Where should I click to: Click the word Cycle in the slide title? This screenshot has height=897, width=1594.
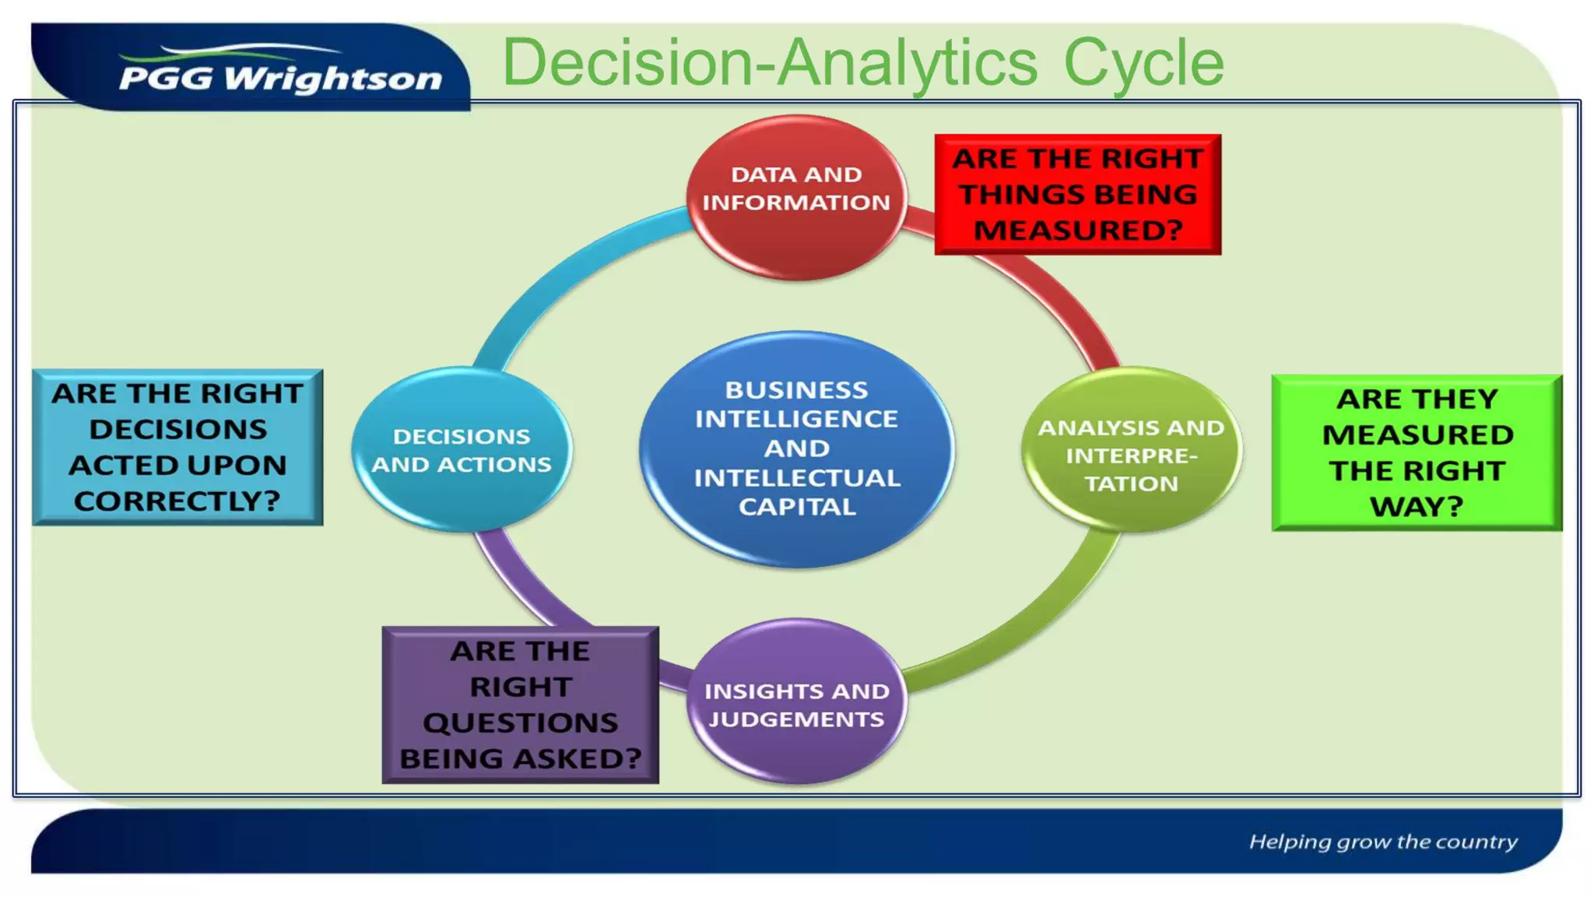pos(1143,62)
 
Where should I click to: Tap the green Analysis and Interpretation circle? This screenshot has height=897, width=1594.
pos(1131,452)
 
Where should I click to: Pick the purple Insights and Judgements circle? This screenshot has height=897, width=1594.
pos(796,702)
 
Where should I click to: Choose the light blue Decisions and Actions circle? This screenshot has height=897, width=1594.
pos(462,449)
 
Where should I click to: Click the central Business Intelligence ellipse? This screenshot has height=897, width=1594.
pos(796,448)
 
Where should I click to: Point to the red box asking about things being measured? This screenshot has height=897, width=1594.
pos(1078,194)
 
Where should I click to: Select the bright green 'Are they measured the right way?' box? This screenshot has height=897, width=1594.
pos(1417,452)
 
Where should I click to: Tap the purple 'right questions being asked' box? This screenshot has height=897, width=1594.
pos(520,705)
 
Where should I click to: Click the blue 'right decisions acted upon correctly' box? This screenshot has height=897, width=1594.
pos(177,447)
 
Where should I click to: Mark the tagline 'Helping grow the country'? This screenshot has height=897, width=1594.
pos(1383,842)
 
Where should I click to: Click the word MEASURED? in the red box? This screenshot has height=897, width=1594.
pos(1078,230)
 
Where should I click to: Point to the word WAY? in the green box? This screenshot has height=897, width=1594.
pos(1417,507)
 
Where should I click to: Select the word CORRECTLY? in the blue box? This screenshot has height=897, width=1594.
pos(177,501)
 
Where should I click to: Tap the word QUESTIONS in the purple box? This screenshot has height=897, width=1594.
pos(520,723)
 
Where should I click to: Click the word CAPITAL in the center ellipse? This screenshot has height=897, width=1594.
pos(797,507)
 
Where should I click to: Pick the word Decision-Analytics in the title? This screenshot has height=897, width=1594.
pos(770,62)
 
